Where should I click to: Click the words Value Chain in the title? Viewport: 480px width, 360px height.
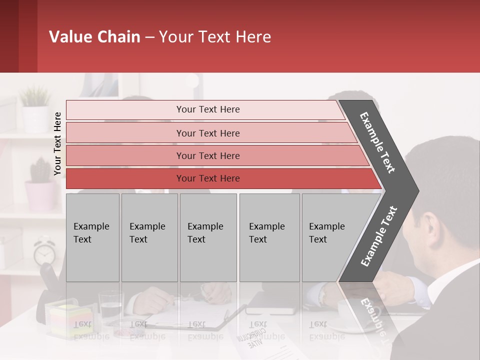click(94, 37)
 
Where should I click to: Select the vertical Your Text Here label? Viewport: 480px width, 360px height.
click(57, 143)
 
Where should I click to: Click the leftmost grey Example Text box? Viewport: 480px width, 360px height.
click(92, 237)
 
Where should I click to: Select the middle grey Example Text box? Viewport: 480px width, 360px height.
click(208, 237)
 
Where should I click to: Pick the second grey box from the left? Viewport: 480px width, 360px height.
click(149, 237)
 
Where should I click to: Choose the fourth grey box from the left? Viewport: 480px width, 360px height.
click(269, 237)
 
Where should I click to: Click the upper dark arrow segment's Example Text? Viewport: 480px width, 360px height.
click(378, 142)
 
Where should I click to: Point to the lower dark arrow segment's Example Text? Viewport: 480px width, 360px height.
click(379, 236)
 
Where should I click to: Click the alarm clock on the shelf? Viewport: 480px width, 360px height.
click(44, 252)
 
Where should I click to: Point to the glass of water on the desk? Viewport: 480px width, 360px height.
click(110, 306)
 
